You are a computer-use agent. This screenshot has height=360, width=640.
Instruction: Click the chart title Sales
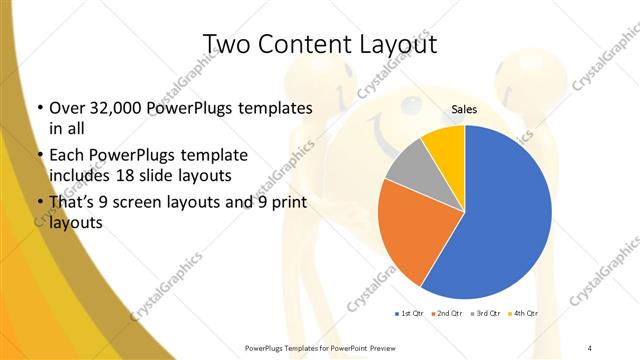(465, 109)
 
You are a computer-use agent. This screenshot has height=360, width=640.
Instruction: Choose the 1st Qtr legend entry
(410, 314)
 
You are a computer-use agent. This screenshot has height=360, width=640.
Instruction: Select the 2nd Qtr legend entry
(447, 314)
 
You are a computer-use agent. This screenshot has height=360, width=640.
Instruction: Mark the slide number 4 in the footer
(590, 348)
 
